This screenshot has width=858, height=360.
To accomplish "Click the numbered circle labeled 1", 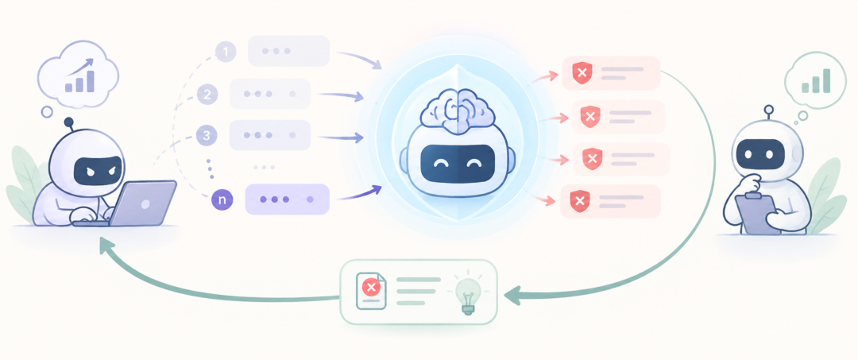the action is coord(226,52).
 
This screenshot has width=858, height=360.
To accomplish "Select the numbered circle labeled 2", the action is coord(207,94).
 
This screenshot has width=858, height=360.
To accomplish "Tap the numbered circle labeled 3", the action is coord(207,136).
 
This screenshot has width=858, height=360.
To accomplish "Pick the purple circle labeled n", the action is coord(222,199).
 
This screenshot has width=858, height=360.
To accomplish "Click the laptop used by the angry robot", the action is coord(143,203).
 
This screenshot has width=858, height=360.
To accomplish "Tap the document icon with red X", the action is coord(371,292).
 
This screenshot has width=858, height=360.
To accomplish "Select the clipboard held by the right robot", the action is coord(758,213).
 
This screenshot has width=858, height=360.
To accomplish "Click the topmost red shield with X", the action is coord(583,73).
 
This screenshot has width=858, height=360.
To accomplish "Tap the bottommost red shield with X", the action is coord(580,201).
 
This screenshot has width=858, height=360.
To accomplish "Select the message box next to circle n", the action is coord(288,199).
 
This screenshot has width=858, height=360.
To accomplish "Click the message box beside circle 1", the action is coord(289,51).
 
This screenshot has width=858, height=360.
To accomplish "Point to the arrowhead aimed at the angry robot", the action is coord(106,246).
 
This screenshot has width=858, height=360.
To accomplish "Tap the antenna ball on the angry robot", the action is coord(69,122).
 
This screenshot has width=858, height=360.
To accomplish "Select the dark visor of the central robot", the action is coord(456,163).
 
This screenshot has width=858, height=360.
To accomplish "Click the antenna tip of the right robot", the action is coord(769,109).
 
